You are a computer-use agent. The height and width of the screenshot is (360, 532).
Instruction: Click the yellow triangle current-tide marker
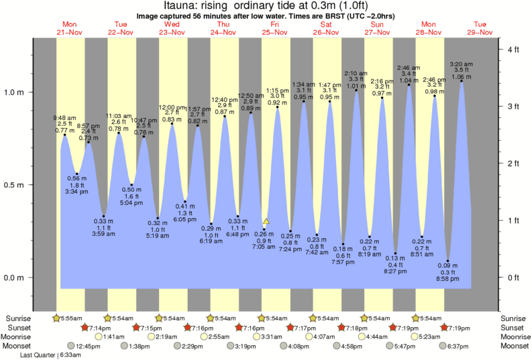(266, 221)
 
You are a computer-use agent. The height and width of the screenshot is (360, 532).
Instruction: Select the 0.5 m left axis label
(16, 185)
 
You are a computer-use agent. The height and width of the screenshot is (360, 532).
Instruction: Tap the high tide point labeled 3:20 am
(462, 81)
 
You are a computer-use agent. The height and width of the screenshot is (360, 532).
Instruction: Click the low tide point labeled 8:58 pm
(448, 261)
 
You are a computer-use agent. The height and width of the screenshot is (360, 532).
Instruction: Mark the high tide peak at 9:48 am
(65, 135)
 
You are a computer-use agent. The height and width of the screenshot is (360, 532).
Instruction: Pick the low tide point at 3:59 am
(103, 216)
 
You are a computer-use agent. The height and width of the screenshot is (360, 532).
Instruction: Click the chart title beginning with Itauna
(266, 5)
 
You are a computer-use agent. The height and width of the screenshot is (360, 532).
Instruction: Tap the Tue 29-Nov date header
(480, 27)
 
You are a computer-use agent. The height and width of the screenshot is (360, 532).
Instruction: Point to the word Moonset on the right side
(515, 346)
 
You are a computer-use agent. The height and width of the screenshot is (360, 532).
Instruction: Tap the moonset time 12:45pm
(88, 346)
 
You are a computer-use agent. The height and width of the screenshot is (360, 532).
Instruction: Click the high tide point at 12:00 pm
(172, 124)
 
